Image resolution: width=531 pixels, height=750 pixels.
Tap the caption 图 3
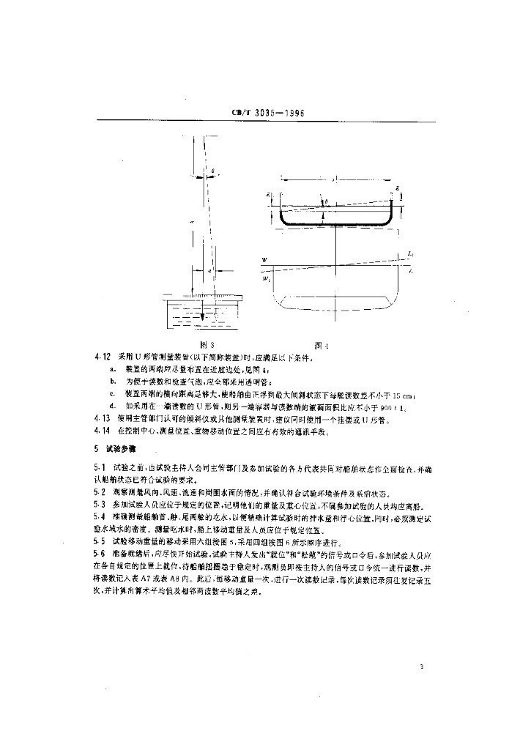click(207, 344)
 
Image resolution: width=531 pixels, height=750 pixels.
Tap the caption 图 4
click(320, 344)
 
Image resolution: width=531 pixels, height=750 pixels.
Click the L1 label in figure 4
click(411, 253)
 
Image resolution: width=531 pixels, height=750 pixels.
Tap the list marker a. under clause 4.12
click(112, 369)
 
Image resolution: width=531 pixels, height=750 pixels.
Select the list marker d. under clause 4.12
click(112, 406)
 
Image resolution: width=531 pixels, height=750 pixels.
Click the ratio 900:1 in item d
click(387, 406)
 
